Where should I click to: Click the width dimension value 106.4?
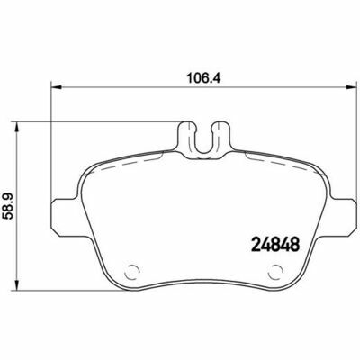(x=204, y=78)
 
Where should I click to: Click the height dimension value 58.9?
(x=8, y=206)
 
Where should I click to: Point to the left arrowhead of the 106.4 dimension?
(x=56, y=87)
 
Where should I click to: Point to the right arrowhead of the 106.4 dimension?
(x=349, y=87)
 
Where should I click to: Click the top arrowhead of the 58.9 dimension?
(x=17, y=128)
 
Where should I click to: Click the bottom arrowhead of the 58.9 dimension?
(x=17, y=285)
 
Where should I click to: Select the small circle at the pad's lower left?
(x=132, y=273)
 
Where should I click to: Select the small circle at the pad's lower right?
(x=275, y=273)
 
